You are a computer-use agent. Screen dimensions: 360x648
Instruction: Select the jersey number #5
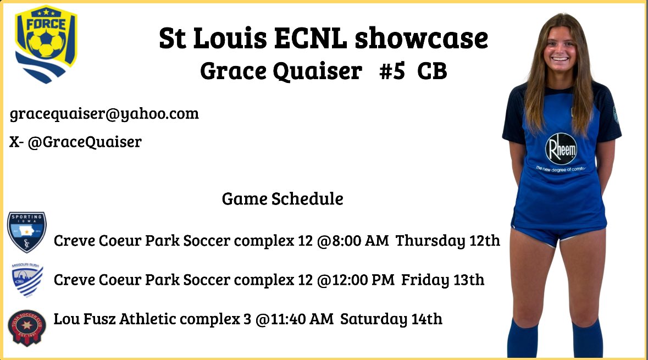(x=391, y=71)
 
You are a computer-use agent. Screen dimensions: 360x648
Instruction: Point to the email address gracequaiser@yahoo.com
(x=104, y=114)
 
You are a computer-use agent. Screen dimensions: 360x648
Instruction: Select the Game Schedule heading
(x=283, y=198)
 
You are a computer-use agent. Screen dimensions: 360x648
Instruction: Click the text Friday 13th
(x=442, y=280)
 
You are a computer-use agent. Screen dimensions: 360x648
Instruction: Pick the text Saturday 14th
(x=391, y=319)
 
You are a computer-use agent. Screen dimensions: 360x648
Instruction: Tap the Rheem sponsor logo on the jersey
(x=561, y=149)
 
